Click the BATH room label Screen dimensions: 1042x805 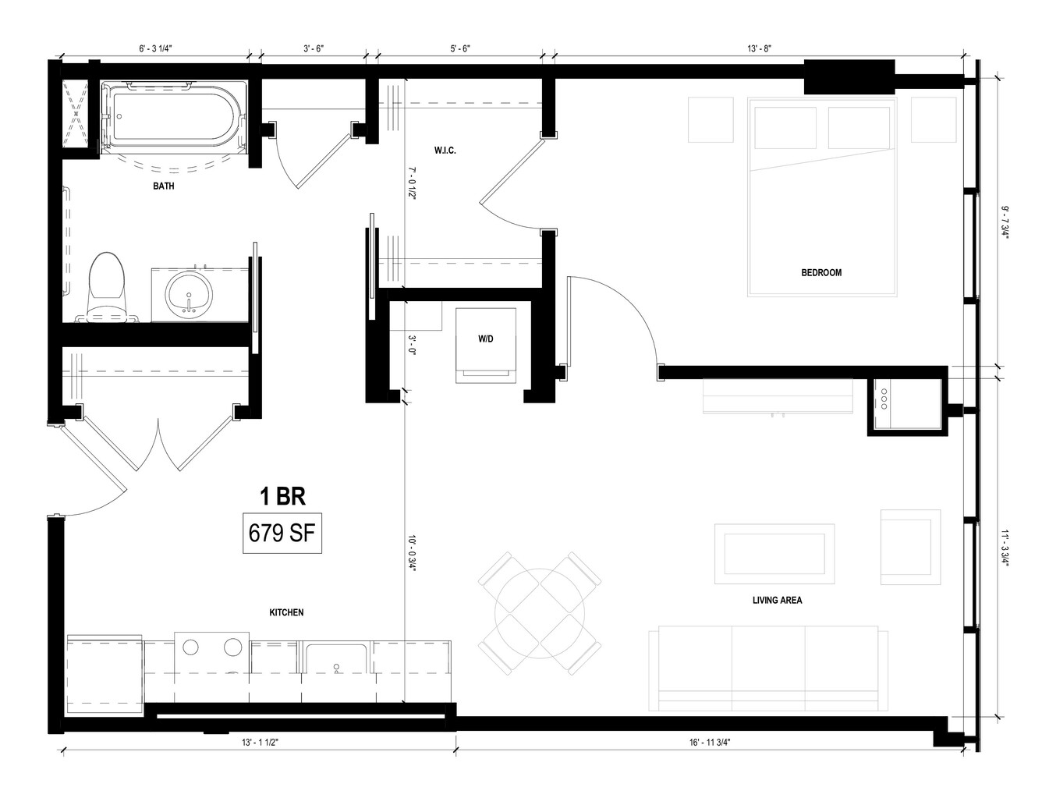coord(164,186)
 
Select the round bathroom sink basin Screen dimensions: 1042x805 coord(189,294)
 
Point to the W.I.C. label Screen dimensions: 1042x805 coord(445,151)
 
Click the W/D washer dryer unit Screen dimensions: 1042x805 coord(486,346)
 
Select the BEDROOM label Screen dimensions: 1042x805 coord(821,273)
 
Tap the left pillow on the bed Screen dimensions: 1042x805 coord(785,127)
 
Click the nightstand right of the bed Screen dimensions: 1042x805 coord(934,120)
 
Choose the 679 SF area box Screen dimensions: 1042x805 coord(282,533)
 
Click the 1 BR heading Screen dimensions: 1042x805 coord(282,496)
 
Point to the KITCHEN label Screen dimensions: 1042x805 coord(286,612)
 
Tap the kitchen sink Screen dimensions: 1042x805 coord(336,659)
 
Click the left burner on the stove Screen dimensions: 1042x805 coord(191,647)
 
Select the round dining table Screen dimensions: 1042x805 coord(540,614)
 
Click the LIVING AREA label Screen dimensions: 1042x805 coord(778,600)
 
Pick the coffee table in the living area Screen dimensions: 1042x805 coord(774,554)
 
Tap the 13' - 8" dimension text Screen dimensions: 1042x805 coord(759,48)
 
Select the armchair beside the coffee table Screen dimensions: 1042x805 coord(910,547)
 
